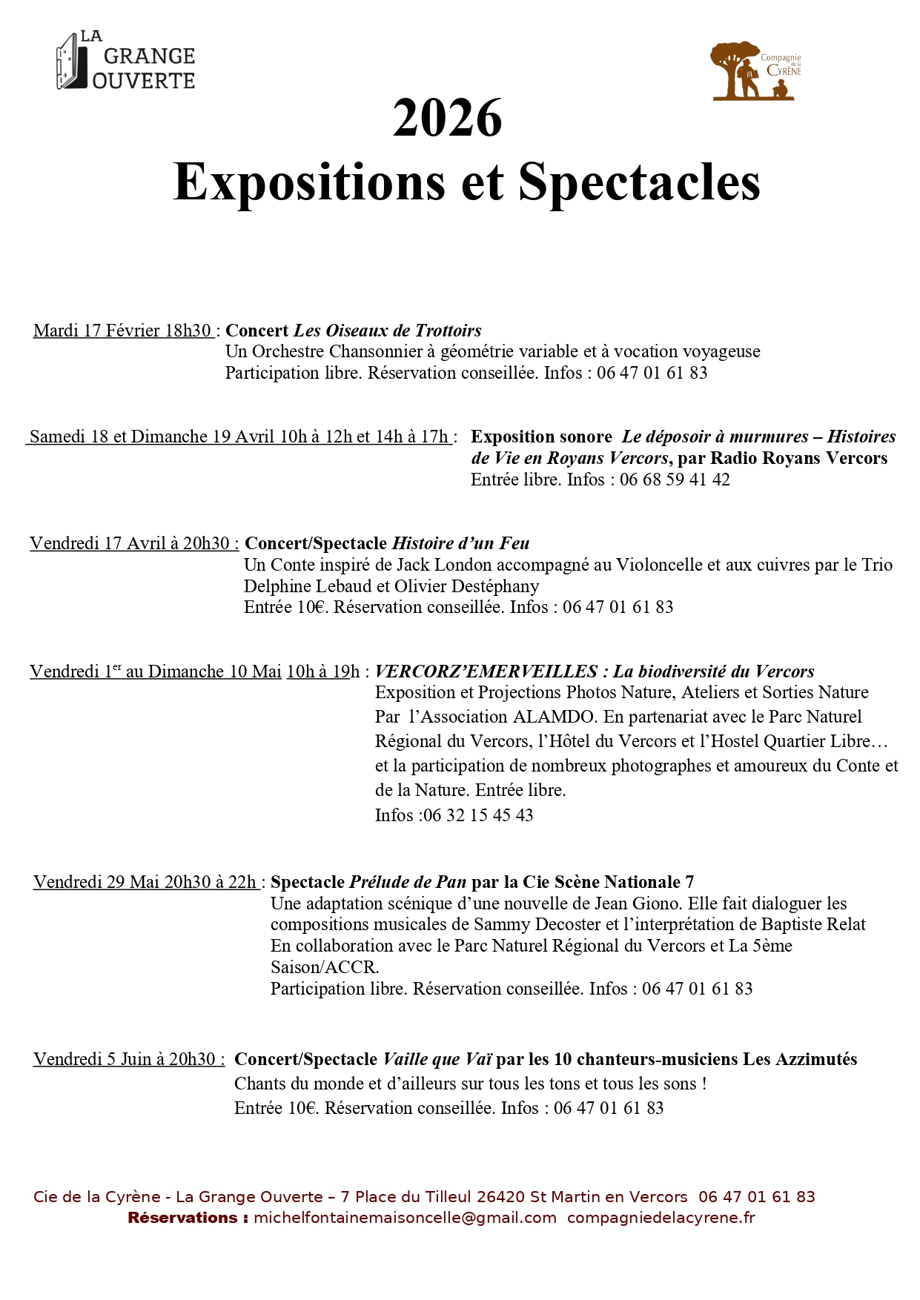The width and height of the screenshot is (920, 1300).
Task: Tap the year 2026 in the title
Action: tap(447, 119)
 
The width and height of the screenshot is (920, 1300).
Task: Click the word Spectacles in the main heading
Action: tap(639, 182)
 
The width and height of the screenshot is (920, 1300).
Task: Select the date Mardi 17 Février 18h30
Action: tap(123, 331)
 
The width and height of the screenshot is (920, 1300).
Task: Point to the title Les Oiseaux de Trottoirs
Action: tap(388, 331)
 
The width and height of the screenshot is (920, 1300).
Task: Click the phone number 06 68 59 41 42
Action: tap(675, 480)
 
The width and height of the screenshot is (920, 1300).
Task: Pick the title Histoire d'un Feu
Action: tap(460, 543)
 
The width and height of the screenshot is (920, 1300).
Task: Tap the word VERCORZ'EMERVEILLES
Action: tap(486, 671)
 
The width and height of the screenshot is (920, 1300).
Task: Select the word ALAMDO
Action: tap(553, 717)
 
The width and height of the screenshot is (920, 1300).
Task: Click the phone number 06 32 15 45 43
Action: tap(478, 815)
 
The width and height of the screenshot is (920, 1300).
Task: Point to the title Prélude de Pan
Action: tap(408, 882)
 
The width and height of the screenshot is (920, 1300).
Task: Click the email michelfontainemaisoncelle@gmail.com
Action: tap(405, 1218)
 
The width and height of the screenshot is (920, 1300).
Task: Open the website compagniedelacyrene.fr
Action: tap(661, 1218)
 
